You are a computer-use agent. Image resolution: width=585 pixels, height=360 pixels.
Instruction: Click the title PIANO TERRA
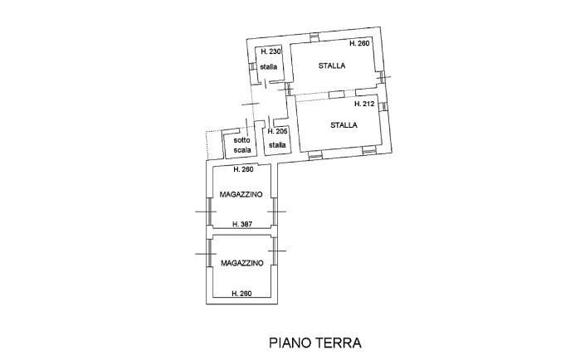pos(292,342)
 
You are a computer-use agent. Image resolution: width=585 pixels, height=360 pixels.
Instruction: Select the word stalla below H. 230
pos(268,66)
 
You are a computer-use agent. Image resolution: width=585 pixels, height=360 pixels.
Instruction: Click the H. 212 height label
pos(364,105)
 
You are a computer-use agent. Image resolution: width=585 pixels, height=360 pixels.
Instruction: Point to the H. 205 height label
pos(277,132)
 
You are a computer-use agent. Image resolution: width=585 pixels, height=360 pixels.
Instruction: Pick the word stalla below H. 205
pos(277,145)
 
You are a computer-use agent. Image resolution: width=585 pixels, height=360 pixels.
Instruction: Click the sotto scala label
pos(241,145)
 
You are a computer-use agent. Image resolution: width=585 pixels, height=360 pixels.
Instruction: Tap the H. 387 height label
pos(242,224)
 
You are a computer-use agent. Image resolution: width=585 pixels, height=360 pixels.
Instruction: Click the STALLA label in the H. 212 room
pos(344,126)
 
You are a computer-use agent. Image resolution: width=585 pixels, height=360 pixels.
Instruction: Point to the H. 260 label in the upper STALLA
pos(359,43)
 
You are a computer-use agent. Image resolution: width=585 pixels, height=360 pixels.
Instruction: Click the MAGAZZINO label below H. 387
pos(241,263)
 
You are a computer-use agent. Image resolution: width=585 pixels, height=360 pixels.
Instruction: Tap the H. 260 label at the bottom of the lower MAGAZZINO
pos(241,294)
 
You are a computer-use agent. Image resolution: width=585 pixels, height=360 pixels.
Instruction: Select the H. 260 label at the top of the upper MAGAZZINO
pos(242,169)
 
